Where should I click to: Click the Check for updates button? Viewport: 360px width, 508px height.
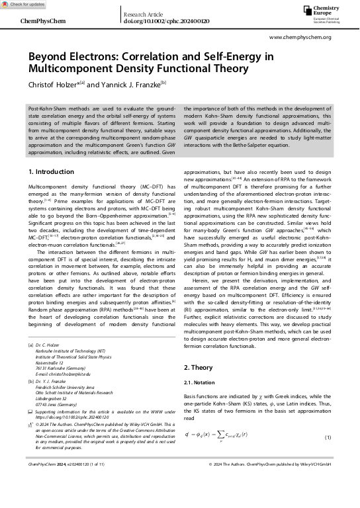23,4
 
